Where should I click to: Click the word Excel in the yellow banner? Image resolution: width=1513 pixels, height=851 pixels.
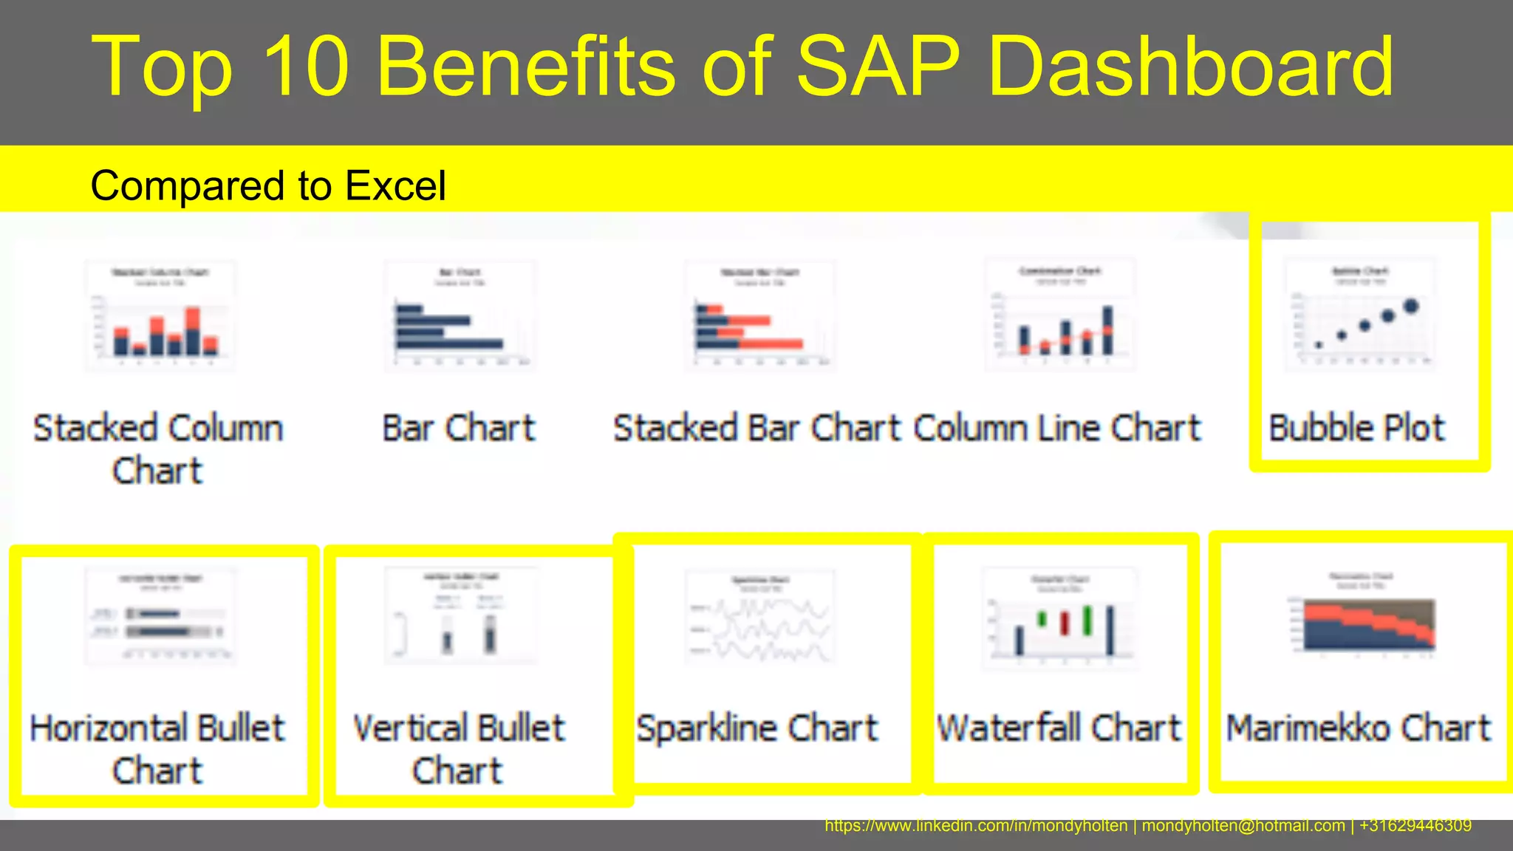[395, 185]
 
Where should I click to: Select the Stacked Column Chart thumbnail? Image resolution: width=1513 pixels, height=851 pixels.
[160, 315]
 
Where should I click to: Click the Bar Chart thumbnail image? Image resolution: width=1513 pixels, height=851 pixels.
[460, 315]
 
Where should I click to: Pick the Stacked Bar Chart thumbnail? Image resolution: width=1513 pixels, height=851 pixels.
[759, 315]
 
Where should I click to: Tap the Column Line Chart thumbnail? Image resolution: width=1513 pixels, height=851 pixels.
[1060, 314]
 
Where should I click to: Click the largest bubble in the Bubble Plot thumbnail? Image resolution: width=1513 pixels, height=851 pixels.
[1411, 306]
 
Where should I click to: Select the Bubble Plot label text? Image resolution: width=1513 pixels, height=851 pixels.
[1356, 428]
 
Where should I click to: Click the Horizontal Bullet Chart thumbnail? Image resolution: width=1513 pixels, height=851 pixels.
[160, 616]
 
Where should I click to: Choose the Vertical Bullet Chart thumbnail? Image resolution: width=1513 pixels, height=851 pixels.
[460, 615]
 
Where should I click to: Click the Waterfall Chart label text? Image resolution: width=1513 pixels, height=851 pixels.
[1059, 728]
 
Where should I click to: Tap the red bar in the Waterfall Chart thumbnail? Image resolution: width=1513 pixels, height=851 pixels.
[1065, 623]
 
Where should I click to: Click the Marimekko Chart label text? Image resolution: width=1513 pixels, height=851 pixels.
[1359, 728]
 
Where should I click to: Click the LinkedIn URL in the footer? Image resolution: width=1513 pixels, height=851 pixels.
[976, 826]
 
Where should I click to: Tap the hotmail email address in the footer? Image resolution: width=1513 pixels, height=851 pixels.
[1243, 826]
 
